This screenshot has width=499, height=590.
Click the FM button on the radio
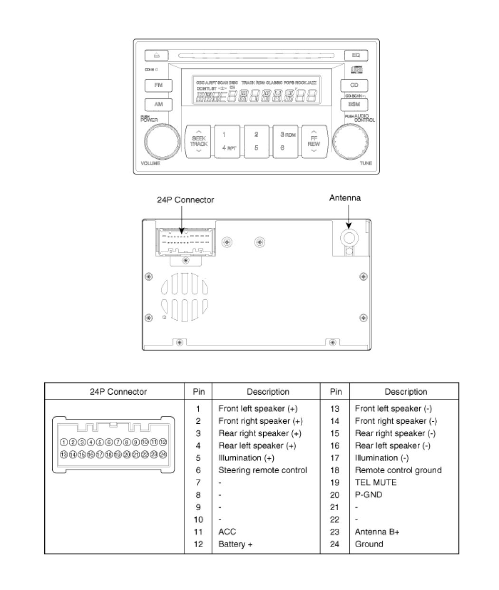click(x=159, y=86)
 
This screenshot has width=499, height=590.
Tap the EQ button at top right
click(x=356, y=56)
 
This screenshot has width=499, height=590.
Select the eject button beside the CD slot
click(x=156, y=56)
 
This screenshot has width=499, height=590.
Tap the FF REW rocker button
click(x=314, y=141)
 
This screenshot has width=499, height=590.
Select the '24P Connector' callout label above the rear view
click(x=185, y=200)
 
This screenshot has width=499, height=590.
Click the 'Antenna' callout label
click(x=345, y=198)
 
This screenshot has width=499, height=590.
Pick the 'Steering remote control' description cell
click(x=262, y=470)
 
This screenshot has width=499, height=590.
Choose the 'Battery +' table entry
click(x=235, y=544)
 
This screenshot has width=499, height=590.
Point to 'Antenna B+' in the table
click(x=377, y=532)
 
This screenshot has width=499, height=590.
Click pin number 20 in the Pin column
click(x=335, y=495)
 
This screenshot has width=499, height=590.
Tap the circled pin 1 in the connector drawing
click(x=64, y=442)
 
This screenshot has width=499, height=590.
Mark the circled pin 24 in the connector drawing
click(x=163, y=454)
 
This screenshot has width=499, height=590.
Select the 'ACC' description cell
click(x=227, y=532)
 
